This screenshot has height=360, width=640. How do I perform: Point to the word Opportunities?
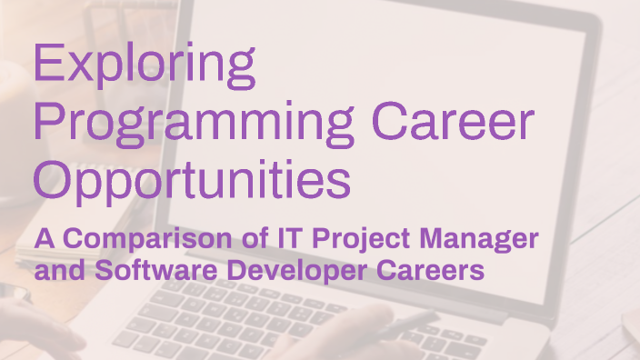[192, 180]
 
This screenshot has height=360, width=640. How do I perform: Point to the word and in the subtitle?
[57, 270]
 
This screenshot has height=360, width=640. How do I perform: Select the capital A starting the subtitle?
[44, 240]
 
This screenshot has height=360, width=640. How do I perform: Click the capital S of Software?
[97, 270]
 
